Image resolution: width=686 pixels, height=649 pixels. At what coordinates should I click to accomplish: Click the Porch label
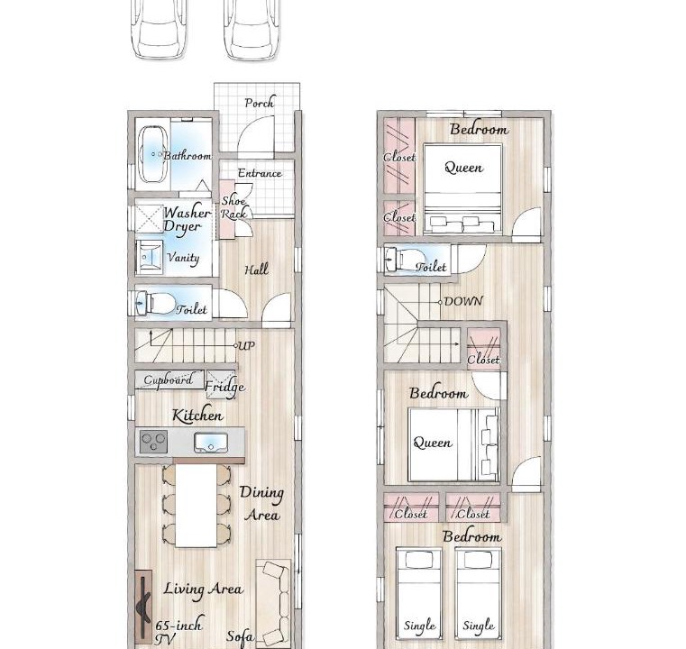point(260,103)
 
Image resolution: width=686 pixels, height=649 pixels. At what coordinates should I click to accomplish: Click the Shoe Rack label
point(234,207)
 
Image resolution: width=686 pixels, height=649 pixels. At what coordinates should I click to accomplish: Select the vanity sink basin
point(149,256)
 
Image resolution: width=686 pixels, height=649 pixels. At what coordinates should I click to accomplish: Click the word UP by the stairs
point(246,345)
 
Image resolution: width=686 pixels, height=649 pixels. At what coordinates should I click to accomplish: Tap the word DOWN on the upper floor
point(463,301)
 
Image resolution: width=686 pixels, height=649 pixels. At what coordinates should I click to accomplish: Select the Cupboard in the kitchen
point(169,380)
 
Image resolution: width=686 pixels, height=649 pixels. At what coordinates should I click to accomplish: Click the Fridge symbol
point(221,385)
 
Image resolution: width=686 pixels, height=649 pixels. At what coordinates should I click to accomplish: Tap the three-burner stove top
point(153,442)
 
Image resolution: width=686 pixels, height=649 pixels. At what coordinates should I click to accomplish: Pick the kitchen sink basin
point(211,443)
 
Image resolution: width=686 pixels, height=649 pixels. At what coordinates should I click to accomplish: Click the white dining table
point(196,505)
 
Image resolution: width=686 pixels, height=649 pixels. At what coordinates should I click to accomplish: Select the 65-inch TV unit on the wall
point(143,607)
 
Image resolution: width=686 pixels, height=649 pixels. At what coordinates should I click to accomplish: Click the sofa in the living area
point(273,604)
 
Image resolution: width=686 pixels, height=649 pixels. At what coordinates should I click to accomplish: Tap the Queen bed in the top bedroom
point(462,189)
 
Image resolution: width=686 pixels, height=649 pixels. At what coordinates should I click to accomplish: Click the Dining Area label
point(262,503)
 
